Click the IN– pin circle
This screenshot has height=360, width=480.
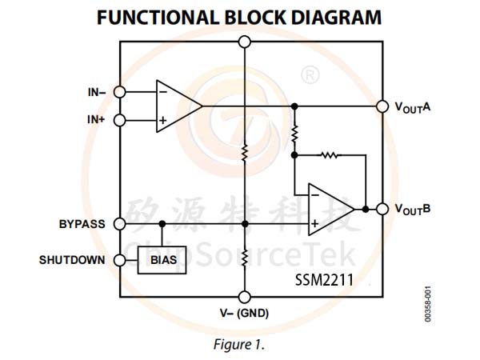(120, 92)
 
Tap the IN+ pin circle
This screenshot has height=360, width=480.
(120, 120)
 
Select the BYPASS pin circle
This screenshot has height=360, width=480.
(120, 224)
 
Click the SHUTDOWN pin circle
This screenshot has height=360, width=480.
(120, 260)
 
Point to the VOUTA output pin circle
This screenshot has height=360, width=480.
(382, 106)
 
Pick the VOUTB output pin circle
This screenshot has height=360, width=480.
(382, 210)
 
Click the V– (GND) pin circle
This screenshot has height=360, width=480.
(245, 297)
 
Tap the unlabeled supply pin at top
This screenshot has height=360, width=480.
(245, 42)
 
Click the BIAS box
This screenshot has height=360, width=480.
(162, 260)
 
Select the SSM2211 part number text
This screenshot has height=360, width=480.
(324, 280)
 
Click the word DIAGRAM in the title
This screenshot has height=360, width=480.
(336, 18)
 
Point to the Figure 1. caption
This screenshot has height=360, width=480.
(238, 345)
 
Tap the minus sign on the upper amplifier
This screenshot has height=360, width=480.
(163, 91)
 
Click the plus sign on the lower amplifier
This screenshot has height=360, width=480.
(314, 224)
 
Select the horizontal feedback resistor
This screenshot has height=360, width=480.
(330, 155)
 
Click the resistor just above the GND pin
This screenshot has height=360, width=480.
(245, 258)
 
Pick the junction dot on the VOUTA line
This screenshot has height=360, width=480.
(294, 106)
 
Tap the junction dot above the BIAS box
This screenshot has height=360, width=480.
(162, 224)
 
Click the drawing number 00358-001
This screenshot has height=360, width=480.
(428, 304)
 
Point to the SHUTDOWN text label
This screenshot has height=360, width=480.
(72, 260)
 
